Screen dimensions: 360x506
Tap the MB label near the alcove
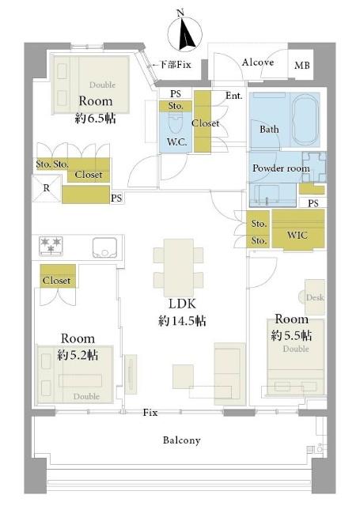pyautogui.click(x=302, y=65)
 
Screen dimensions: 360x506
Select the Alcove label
pyautogui.click(x=258, y=62)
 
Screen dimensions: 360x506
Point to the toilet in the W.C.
pyautogui.click(x=176, y=125)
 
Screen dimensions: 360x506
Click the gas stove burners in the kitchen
pyautogui.click(x=51, y=246)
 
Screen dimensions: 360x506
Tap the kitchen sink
pyautogui.click(x=104, y=247)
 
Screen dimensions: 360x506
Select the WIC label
pyautogui.click(x=297, y=235)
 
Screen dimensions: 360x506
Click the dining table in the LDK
pyautogui.click(x=178, y=267)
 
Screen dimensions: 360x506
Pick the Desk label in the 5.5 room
pyautogui.click(x=315, y=297)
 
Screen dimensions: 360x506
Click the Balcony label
pyautogui.click(x=181, y=440)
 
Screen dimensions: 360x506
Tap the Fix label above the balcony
pyautogui.click(x=150, y=412)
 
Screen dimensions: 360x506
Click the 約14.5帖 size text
pyautogui.click(x=182, y=321)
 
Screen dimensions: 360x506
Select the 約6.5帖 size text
pyautogui.click(x=95, y=119)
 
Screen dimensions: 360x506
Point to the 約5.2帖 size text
pyautogui.click(x=78, y=355)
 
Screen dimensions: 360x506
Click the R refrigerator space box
pyautogui.click(x=47, y=188)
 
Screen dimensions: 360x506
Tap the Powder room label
pyautogui.click(x=281, y=168)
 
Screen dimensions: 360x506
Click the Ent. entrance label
pyautogui.click(x=234, y=96)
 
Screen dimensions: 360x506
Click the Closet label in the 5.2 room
pyautogui.click(x=56, y=281)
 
